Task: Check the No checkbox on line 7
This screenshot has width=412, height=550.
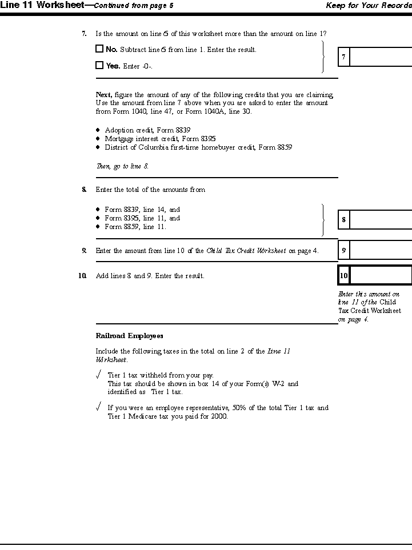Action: pyautogui.click(x=99, y=49)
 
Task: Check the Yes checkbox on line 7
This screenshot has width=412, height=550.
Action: pyautogui.click(x=99, y=66)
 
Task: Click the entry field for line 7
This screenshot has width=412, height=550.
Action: pyautogui.click(x=380, y=57)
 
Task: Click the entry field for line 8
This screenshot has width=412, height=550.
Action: pyautogui.click(x=380, y=219)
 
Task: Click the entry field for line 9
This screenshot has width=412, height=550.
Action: pyautogui.click(x=380, y=250)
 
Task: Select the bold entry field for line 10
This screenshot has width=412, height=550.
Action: pyautogui.click(x=380, y=275)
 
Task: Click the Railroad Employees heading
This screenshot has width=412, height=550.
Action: pyautogui.click(x=129, y=336)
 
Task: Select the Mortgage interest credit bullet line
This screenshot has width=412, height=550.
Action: pyautogui.click(x=160, y=139)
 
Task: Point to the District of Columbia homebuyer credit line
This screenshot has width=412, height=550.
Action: pyautogui.click(x=198, y=147)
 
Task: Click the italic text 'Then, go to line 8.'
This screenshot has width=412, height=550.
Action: pyautogui.click(x=122, y=166)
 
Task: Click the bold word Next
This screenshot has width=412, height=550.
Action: pyautogui.click(x=103, y=95)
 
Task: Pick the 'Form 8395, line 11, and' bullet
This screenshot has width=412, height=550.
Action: pyautogui.click(x=142, y=218)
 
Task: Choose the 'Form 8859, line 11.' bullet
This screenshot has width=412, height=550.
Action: pyautogui.click(x=135, y=227)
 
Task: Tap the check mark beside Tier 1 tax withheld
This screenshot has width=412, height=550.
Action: pyautogui.click(x=99, y=375)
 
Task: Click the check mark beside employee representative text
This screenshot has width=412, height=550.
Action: pyautogui.click(x=99, y=407)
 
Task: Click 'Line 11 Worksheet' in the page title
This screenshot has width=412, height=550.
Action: pyautogui.click(x=41, y=5)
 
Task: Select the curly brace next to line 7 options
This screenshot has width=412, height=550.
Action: pyautogui.click(x=323, y=57)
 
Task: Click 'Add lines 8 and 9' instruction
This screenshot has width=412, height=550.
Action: pyautogui.click(x=150, y=276)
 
